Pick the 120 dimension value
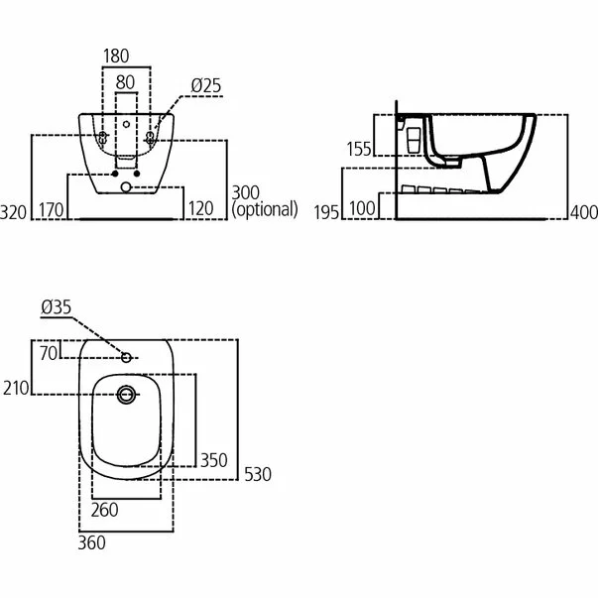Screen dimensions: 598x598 (x=201, y=209)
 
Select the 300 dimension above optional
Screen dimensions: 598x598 (x=246, y=191)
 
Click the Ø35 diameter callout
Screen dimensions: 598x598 (x=56, y=309)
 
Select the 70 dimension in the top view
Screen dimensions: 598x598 (x=49, y=351)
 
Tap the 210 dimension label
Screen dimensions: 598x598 (x=16, y=388)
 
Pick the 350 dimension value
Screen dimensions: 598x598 (x=214, y=460)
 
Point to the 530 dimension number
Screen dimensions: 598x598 (x=257, y=475)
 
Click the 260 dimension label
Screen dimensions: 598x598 (x=104, y=510)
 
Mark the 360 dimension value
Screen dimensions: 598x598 (x=91, y=541)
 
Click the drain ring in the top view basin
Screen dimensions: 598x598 (x=125, y=395)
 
